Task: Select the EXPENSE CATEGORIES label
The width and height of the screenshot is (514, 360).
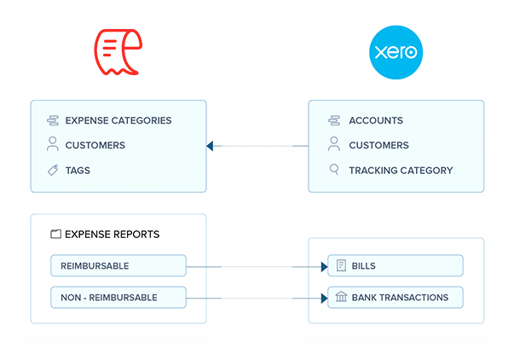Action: tap(118, 120)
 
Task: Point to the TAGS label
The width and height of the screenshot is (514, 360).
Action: tap(78, 171)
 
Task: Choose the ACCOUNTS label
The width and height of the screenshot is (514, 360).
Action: tap(376, 120)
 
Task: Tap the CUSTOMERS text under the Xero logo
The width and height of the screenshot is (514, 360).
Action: tap(378, 145)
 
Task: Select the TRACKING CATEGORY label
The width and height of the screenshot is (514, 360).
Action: tap(401, 171)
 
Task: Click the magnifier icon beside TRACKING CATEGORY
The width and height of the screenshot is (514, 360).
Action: tap(334, 171)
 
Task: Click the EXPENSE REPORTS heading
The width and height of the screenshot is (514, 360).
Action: tap(112, 234)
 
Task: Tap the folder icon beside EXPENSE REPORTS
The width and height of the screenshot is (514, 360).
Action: tap(55, 234)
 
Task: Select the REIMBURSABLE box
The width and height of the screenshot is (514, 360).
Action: tap(118, 266)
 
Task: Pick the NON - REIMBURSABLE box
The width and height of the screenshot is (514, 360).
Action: tap(118, 298)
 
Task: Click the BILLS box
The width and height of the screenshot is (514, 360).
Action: tap(395, 266)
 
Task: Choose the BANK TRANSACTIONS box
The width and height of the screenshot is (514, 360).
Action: tap(395, 298)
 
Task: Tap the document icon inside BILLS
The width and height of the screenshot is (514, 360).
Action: tap(341, 266)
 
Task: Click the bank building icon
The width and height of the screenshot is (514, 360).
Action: tap(341, 298)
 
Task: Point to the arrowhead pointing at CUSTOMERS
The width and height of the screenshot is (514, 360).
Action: tap(210, 146)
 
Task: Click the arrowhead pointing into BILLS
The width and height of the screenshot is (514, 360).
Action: tap(324, 267)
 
